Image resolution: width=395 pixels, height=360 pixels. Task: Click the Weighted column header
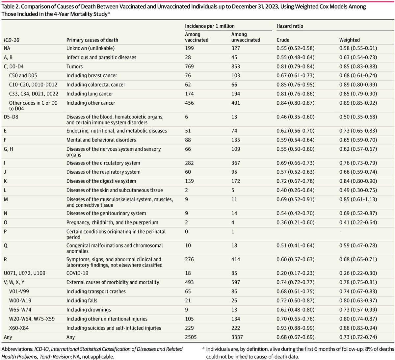(x=349, y=40)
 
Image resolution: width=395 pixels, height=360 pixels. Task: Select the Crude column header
(x=283, y=40)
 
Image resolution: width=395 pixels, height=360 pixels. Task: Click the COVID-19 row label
(x=77, y=273)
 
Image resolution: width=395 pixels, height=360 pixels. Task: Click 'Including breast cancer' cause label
(x=92, y=76)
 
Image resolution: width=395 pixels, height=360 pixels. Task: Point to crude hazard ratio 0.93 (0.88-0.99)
(x=295, y=328)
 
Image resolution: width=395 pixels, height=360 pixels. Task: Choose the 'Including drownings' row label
(x=89, y=310)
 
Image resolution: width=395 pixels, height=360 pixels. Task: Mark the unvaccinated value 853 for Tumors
(x=236, y=66)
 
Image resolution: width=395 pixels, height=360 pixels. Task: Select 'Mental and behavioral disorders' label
(x=101, y=140)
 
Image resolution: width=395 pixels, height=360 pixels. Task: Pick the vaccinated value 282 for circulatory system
(x=189, y=163)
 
